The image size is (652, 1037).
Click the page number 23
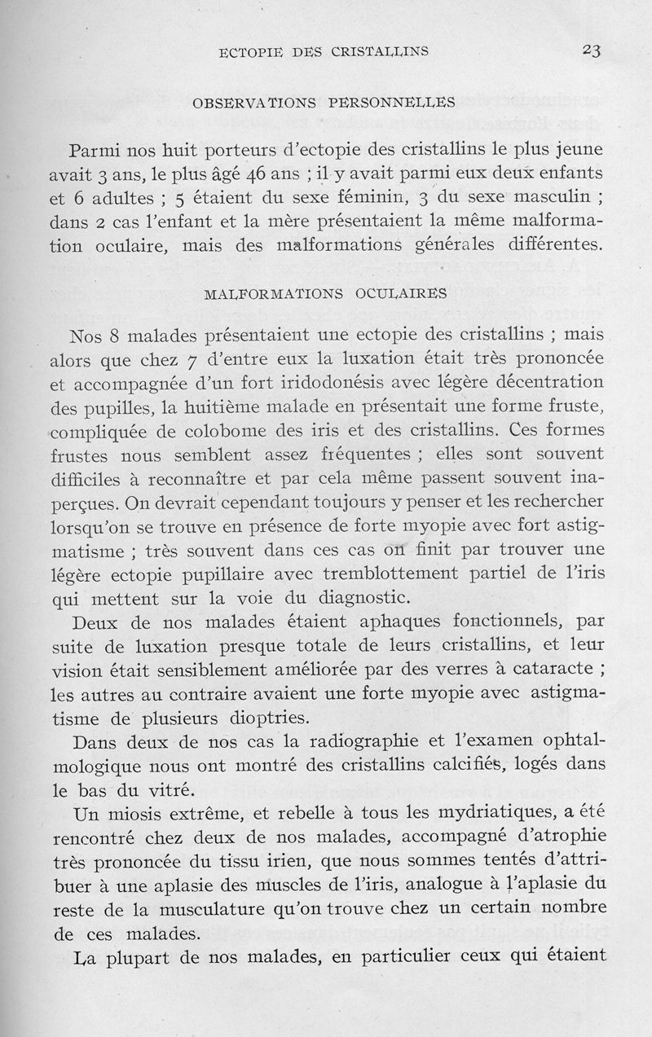pyautogui.click(x=591, y=51)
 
